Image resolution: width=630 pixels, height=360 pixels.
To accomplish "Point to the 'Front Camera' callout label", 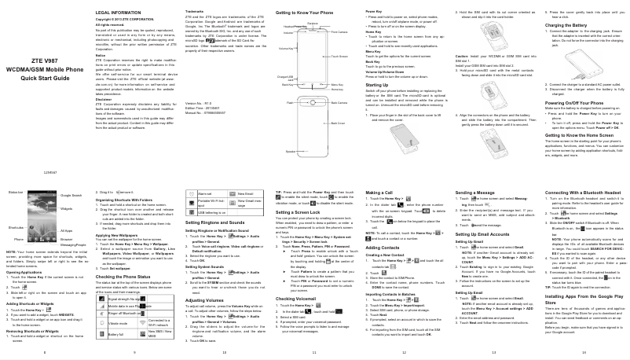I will pos(340,32).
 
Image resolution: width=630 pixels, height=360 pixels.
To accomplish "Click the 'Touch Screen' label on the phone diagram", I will pos(340,57).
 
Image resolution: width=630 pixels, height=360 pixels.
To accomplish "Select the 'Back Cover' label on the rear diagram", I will pos(339,123).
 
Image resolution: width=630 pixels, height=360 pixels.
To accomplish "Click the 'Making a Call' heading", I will pos(379,193).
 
